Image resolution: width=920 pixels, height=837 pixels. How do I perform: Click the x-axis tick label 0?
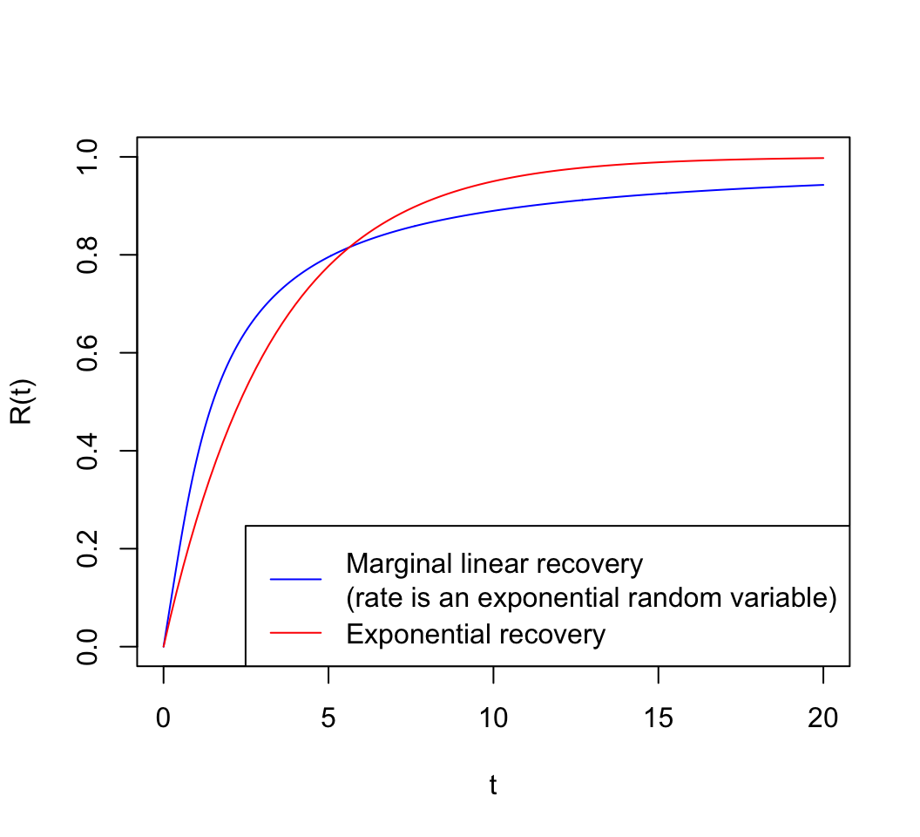[163, 718]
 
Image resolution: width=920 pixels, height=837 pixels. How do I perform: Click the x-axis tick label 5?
[328, 718]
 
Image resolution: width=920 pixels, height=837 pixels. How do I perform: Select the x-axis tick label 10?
[493, 718]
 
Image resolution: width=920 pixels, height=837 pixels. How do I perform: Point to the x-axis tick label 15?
[658, 718]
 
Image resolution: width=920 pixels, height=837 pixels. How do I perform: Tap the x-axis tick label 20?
[823, 718]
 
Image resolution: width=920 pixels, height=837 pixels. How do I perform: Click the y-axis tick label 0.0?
[87, 646]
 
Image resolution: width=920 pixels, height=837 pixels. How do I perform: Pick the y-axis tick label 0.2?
[87, 548]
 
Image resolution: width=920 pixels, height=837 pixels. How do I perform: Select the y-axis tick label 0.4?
[87, 451]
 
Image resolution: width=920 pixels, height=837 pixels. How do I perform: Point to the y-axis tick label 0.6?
[87, 353]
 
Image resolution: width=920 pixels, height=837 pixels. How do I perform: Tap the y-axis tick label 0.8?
[87, 255]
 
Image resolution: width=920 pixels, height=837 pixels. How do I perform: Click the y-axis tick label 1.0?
[87, 157]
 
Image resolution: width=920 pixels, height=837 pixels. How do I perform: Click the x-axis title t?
[493, 786]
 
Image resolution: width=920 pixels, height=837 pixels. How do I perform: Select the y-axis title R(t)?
[21, 402]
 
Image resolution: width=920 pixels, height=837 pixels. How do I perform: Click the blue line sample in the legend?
[296, 578]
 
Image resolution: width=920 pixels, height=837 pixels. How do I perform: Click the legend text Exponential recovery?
[475, 634]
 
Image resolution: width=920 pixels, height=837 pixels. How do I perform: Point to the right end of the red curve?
[823, 158]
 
